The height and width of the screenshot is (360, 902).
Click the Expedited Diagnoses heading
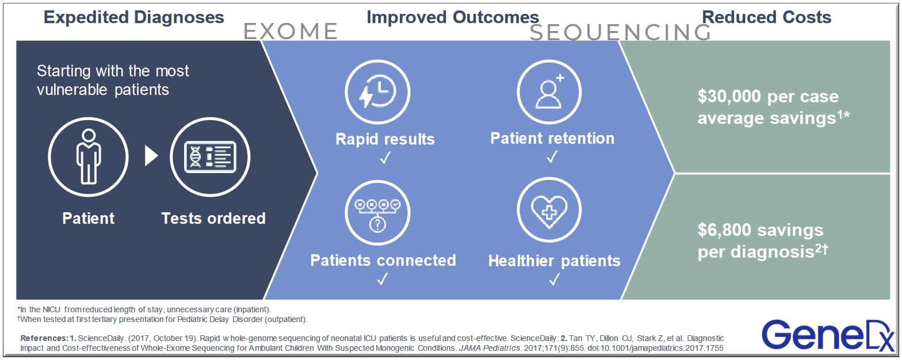pyautogui.click(x=133, y=17)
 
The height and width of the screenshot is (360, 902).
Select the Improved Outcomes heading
pyautogui.click(x=453, y=17)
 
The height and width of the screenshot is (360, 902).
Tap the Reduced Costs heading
pyautogui.click(x=766, y=17)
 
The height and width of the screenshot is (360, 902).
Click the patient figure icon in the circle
pyautogui.click(x=88, y=157)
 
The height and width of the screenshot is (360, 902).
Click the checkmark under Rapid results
pyautogui.click(x=384, y=157)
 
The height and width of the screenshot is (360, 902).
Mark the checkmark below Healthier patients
pyautogui.click(x=554, y=279)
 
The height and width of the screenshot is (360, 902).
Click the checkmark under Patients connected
pyautogui.click(x=383, y=279)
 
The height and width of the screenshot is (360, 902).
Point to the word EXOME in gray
pyautogui.click(x=291, y=31)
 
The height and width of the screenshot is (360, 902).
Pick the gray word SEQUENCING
pyautogui.click(x=621, y=33)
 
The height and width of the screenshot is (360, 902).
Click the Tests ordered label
pyautogui.click(x=213, y=219)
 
